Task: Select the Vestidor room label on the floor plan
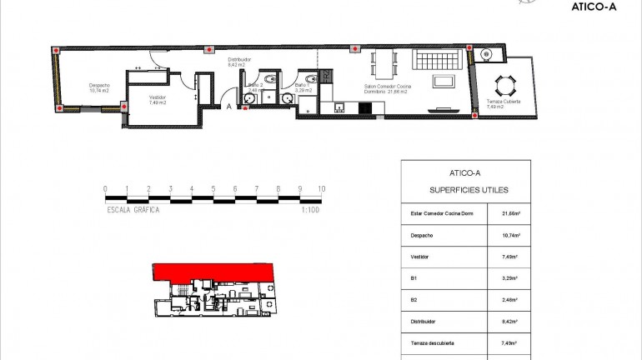(x=158, y=97)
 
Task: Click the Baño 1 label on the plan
(x=302, y=85)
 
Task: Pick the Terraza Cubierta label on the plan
(x=504, y=102)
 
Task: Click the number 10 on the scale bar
(x=322, y=189)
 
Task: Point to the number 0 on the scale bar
(x=105, y=189)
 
